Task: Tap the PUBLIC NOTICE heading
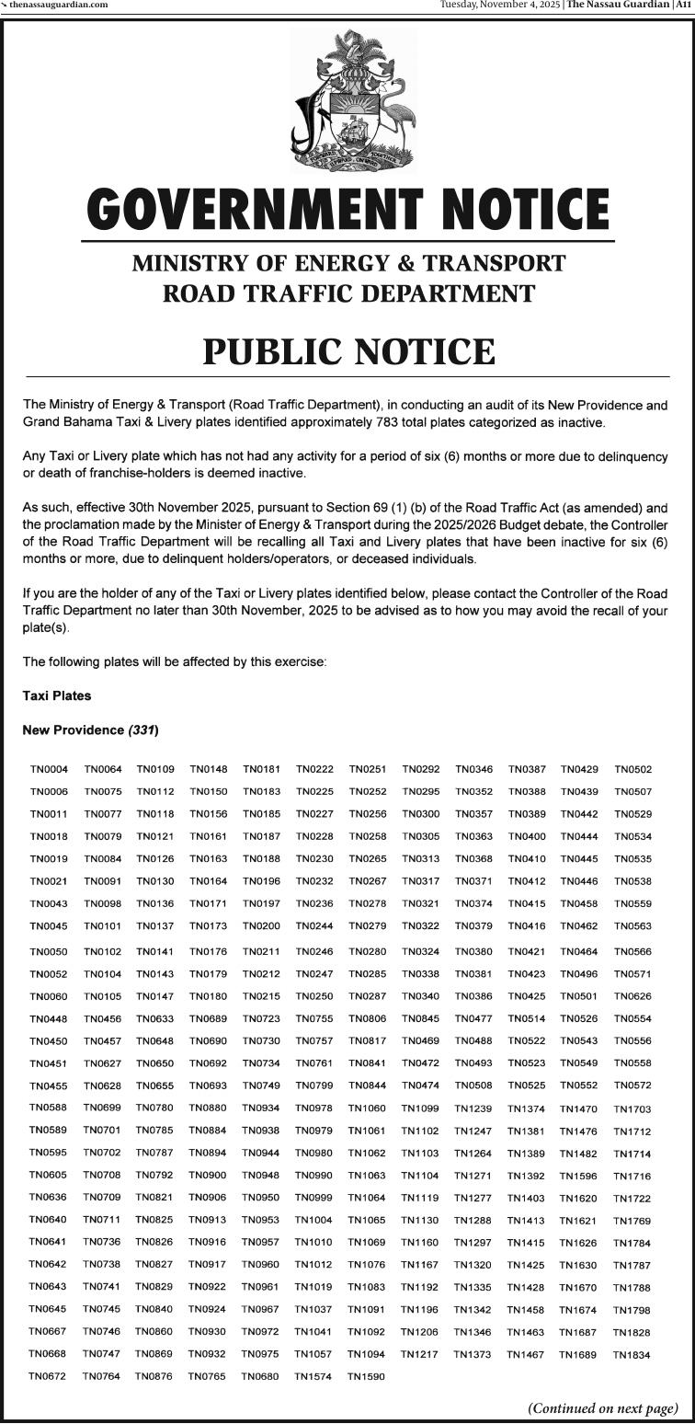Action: pyautogui.click(x=348, y=351)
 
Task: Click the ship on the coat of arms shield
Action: pyautogui.click(x=353, y=134)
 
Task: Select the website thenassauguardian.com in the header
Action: pyautogui.click(x=58, y=5)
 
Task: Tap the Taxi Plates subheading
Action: pyautogui.click(x=57, y=696)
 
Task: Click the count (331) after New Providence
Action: pyautogui.click(x=143, y=730)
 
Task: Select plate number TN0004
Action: pyautogui.click(x=49, y=769)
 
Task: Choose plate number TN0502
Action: pyautogui.click(x=632, y=769)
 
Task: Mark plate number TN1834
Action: pyautogui.click(x=632, y=1355)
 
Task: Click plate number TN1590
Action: pyautogui.click(x=366, y=1377)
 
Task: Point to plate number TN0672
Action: pyautogui.click(x=48, y=1377)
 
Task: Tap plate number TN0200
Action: pyautogui.click(x=261, y=926)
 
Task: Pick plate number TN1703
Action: pyautogui.click(x=632, y=1109)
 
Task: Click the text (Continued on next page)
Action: pyautogui.click(x=602, y=1408)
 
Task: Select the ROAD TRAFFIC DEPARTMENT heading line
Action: pyautogui.click(x=348, y=294)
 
